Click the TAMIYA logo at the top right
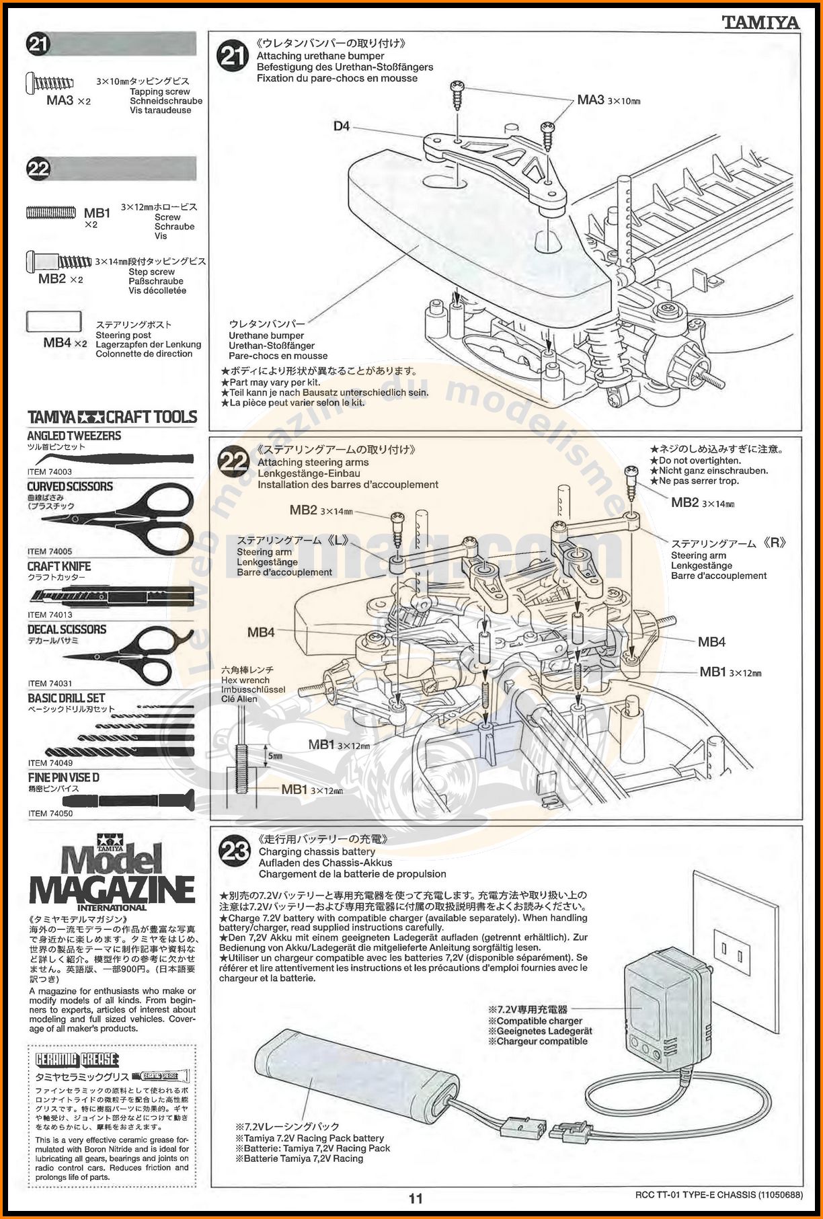click(x=760, y=23)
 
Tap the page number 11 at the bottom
click(x=416, y=1198)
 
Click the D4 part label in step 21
click(x=342, y=126)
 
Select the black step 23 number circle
click(x=235, y=851)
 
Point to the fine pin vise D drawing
click(x=128, y=801)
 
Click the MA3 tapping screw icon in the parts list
click(x=51, y=83)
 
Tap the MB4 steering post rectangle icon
click(x=54, y=321)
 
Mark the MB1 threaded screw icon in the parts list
click(x=51, y=213)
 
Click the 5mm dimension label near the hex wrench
click(x=275, y=756)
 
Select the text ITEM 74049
click(x=50, y=763)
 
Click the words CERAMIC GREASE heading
click(x=77, y=1060)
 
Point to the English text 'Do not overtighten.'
click(x=699, y=461)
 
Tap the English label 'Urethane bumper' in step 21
click(x=266, y=336)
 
